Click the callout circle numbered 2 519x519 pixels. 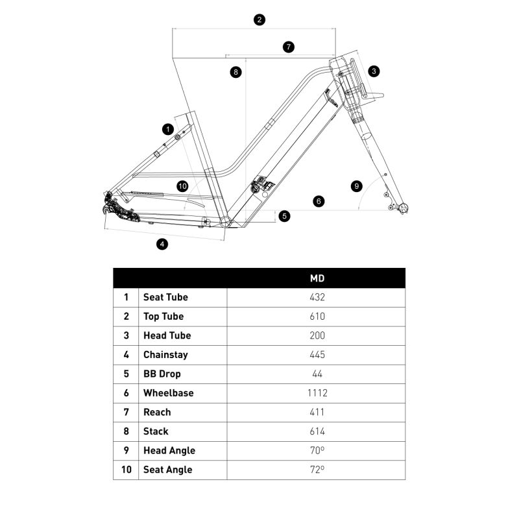(259, 19)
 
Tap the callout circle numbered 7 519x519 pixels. (289, 47)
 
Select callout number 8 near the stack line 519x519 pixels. (235, 71)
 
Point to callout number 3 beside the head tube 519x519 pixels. (374, 71)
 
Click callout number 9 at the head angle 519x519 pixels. (356, 186)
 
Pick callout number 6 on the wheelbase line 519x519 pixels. (318, 201)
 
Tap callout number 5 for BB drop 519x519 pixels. (285, 216)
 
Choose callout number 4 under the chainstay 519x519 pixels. (162, 244)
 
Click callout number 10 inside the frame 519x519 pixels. (182, 186)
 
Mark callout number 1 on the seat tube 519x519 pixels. (168, 128)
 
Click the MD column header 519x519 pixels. (317, 278)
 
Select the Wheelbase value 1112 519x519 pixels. (317, 393)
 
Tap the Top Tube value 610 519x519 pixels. (317, 317)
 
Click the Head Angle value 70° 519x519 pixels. (317, 450)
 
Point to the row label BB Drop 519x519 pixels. (162, 374)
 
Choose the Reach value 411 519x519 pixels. (317, 412)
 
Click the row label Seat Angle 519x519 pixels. (168, 470)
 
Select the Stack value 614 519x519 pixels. (317, 431)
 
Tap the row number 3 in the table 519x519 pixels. (126, 335)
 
